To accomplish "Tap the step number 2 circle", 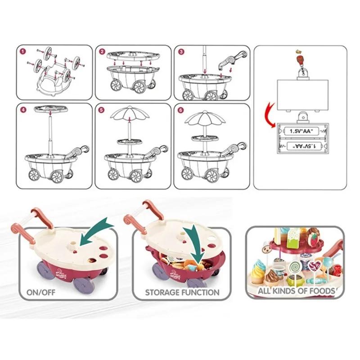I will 103,52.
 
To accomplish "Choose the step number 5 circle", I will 103,109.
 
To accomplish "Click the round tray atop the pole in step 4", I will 49,109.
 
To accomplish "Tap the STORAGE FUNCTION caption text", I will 182,292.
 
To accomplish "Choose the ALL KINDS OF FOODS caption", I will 296,291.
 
